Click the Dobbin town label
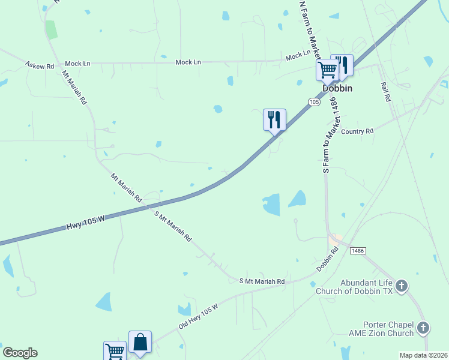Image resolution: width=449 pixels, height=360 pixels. (x=337, y=88)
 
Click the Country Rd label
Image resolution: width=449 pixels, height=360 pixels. (x=357, y=131)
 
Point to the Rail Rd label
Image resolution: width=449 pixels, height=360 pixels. (x=385, y=92)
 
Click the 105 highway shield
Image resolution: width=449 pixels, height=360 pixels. (x=314, y=102)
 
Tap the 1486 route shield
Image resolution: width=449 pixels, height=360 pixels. (x=357, y=250)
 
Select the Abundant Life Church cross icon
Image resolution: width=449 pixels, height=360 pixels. (x=402, y=285)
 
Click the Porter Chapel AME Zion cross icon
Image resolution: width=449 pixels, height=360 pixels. (x=423, y=328)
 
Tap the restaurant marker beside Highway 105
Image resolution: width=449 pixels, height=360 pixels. (x=274, y=119)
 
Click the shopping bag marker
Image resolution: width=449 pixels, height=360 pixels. (x=140, y=343)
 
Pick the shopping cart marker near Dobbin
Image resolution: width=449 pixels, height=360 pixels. (x=328, y=70)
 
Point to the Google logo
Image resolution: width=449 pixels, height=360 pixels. (x=20, y=353)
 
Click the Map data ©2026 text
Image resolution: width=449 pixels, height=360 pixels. (x=424, y=355)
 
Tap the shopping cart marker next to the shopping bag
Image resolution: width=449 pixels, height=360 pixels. (x=115, y=351)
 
